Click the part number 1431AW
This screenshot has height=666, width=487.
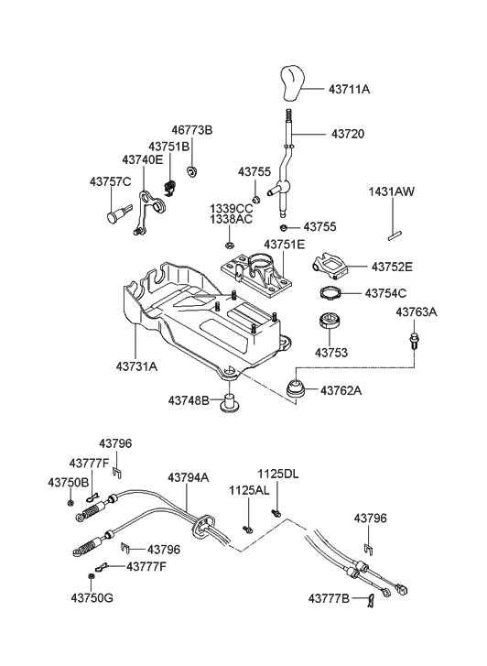[x=392, y=192]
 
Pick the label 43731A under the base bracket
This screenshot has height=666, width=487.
[x=135, y=366]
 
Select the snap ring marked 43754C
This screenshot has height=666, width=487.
[x=330, y=294]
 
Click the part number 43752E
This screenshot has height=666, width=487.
[x=392, y=267]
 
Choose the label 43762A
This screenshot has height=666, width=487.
[x=341, y=390]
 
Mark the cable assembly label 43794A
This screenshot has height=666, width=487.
[x=188, y=477]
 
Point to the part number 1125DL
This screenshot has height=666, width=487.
[x=276, y=474]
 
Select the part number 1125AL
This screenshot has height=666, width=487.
[x=249, y=491]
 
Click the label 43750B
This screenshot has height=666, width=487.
[x=69, y=482]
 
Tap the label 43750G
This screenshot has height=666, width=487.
[x=69, y=598]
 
